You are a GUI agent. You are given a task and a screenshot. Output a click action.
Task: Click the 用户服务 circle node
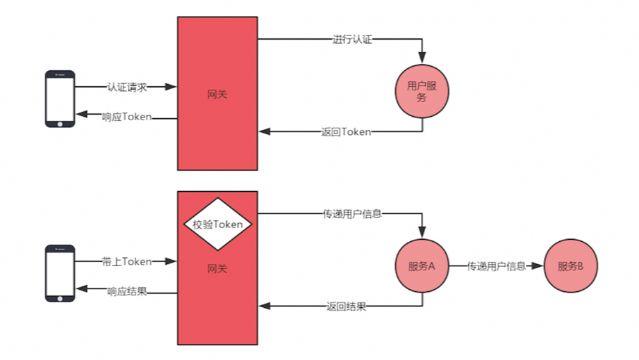(x=422, y=92)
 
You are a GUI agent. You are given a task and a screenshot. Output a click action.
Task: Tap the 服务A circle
(x=422, y=266)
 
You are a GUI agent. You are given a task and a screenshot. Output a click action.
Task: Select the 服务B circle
(x=570, y=266)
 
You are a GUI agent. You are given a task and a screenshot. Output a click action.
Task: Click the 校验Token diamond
(x=217, y=224)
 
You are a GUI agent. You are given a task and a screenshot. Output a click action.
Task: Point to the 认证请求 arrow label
(x=127, y=87)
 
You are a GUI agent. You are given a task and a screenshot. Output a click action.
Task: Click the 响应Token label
(x=126, y=117)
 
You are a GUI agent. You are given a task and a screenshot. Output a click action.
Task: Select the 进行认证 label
(x=352, y=40)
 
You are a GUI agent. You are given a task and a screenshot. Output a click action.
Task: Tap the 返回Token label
(x=346, y=131)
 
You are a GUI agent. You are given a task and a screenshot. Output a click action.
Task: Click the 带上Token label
(x=126, y=261)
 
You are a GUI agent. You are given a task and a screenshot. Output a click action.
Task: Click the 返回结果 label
(x=346, y=306)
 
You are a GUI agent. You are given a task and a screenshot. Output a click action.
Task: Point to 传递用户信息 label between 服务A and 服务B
(x=496, y=266)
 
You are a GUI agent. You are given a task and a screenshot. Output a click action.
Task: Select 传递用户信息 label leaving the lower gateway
(x=352, y=214)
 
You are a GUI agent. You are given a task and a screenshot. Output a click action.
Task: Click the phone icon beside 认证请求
(x=60, y=99)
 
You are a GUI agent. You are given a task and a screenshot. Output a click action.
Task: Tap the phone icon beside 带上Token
(x=60, y=273)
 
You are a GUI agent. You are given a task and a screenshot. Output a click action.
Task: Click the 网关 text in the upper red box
(x=217, y=95)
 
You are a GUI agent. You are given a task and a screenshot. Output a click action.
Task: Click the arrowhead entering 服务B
(x=538, y=266)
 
